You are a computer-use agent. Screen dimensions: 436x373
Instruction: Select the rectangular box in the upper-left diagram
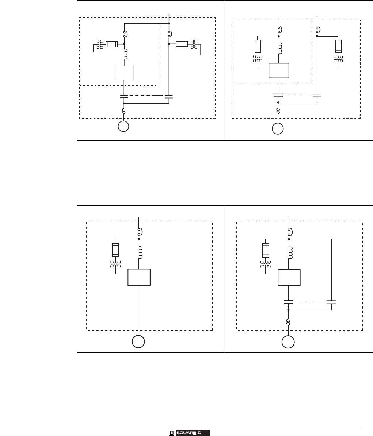(x=125, y=73)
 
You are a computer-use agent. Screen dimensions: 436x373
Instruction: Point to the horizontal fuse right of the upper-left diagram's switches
(x=182, y=44)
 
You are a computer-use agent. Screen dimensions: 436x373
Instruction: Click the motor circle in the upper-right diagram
(x=278, y=129)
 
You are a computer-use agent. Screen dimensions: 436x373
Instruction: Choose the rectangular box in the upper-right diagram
(x=279, y=70)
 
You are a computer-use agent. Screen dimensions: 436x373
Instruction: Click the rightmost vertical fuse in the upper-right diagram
(x=338, y=46)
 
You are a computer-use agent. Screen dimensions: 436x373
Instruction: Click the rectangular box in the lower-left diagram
(x=139, y=277)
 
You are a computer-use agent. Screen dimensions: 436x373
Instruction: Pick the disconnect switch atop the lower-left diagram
(x=139, y=231)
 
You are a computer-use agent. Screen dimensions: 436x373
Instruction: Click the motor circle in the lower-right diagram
(x=289, y=342)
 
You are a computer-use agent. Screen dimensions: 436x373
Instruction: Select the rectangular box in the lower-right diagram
(x=289, y=277)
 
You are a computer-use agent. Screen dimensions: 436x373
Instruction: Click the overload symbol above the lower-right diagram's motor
(x=289, y=322)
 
